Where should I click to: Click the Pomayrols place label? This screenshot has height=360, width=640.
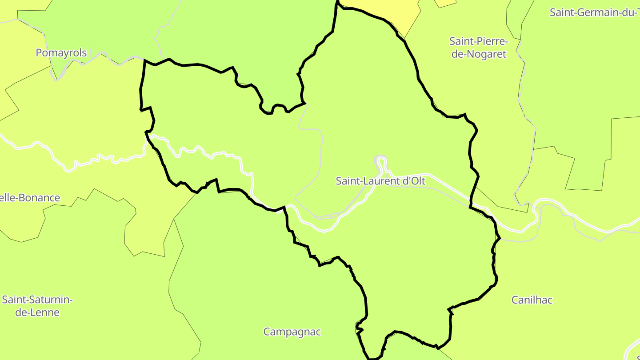(61, 53)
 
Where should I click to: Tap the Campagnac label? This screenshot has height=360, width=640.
(292, 332)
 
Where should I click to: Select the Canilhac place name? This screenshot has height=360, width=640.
(532, 300)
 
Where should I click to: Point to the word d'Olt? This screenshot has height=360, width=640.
(414, 181)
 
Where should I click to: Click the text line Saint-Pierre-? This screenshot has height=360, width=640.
(478, 41)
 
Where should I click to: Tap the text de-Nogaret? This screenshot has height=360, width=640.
(479, 54)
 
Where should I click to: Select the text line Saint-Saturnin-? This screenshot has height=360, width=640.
(37, 300)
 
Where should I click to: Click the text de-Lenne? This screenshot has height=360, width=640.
(37, 312)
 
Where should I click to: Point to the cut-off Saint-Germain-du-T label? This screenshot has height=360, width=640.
(594, 12)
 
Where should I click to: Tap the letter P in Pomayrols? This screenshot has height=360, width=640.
(39, 53)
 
